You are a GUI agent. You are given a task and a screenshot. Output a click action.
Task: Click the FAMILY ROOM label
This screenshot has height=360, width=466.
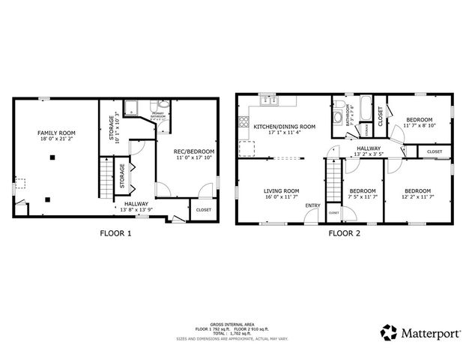tap(57, 133)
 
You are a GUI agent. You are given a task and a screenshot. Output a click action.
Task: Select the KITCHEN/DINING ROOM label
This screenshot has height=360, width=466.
tap(284, 127)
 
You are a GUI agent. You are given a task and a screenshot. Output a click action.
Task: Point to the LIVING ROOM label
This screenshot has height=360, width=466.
tap(281, 190)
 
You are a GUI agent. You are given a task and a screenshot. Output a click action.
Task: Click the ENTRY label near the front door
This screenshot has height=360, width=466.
tap(313, 205)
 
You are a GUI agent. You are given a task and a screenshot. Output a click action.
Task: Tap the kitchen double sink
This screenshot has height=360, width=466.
tap(267, 100)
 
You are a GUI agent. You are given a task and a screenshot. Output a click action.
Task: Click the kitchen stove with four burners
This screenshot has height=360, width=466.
tap(243, 118)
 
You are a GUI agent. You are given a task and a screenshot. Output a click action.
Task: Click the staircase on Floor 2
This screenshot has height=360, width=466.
tap(333, 183)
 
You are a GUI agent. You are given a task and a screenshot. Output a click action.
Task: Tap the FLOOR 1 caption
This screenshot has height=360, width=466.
tap(115, 233)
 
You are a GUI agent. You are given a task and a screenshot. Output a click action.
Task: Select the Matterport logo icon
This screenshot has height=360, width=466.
tap(389, 331)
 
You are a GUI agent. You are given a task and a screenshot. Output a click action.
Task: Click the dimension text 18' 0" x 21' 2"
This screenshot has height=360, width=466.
tap(57, 139)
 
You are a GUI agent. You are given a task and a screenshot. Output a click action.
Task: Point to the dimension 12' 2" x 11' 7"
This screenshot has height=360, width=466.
tap(418, 196)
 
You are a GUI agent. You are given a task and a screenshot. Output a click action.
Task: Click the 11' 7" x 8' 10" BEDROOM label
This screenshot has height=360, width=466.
tap(418, 120)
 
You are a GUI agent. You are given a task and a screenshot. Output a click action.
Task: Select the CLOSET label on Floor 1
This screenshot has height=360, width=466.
tap(203, 210)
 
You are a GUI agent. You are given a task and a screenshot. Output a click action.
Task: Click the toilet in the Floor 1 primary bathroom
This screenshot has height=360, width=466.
tap(154, 107)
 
